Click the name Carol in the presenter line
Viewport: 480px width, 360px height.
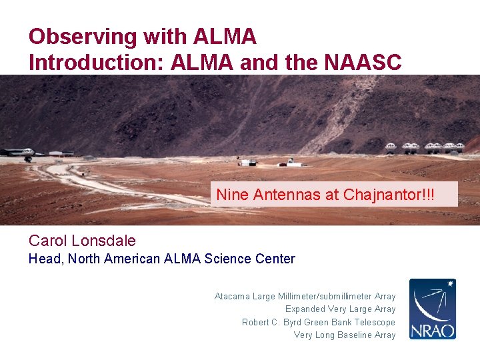click(50, 241)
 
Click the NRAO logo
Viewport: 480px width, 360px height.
click(432, 309)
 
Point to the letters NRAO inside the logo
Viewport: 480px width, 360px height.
click(432, 330)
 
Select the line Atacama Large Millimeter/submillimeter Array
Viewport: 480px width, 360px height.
click(305, 296)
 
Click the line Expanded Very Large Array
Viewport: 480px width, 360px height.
click(340, 309)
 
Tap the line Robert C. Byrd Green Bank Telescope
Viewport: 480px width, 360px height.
click(318, 322)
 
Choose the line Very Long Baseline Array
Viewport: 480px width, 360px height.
click(344, 335)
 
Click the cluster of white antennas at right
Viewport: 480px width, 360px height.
click(425, 148)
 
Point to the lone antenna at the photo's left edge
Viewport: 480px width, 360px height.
click(27, 153)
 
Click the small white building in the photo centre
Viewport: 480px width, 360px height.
click(248, 162)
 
